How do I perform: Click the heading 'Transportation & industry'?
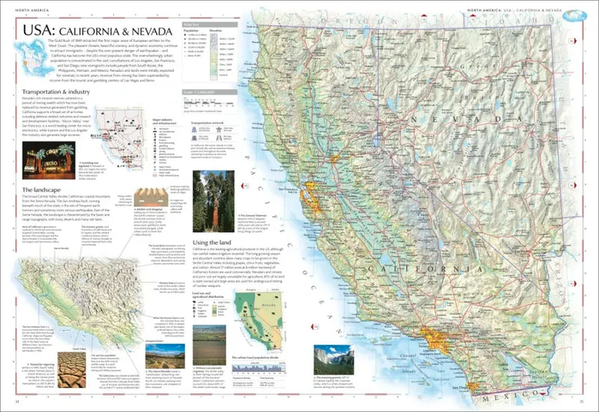tap(52, 91)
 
